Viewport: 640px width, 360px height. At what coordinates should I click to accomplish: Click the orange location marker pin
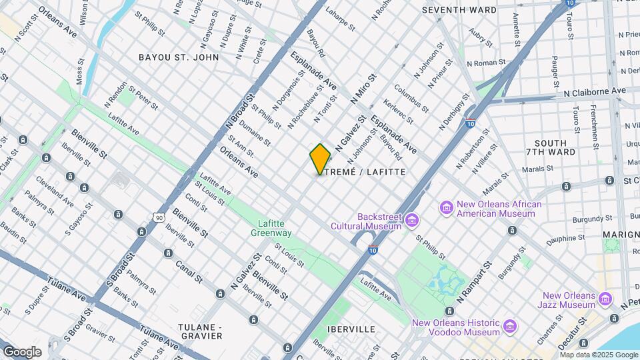(321, 159)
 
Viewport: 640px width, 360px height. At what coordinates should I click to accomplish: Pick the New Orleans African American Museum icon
(446, 209)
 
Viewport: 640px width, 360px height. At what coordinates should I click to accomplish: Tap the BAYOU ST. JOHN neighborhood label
(179, 57)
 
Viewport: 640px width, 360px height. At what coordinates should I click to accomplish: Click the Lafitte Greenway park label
(271, 229)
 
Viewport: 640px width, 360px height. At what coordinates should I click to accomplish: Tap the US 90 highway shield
(158, 217)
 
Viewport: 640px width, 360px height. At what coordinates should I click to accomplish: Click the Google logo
(21, 351)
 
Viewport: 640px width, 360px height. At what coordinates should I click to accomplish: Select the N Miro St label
(363, 88)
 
